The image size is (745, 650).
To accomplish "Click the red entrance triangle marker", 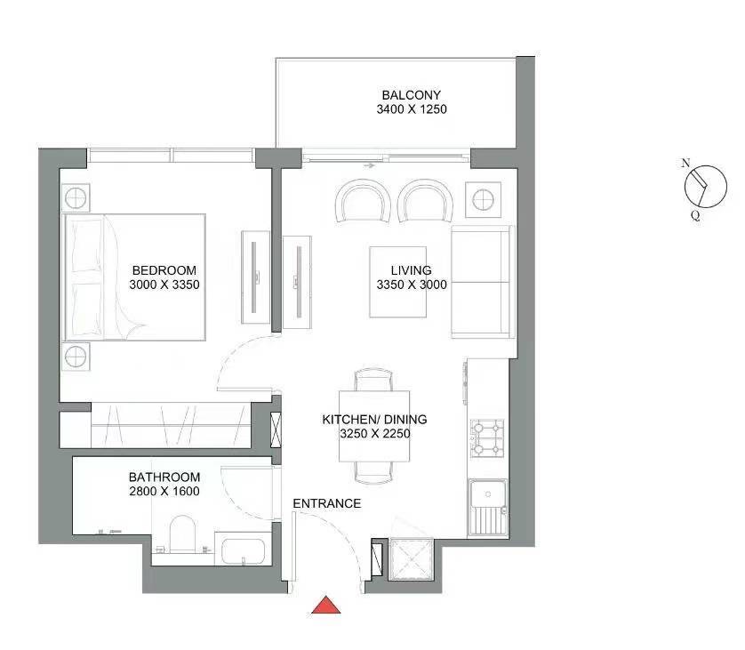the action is click(326, 605).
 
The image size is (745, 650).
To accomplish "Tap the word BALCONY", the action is click(411, 95).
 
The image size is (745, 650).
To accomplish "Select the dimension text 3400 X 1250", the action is click(412, 109).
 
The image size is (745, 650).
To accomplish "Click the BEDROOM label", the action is click(164, 270).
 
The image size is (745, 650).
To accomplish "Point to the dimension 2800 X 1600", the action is click(164, 492).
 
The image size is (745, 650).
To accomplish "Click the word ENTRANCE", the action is click(327, 503).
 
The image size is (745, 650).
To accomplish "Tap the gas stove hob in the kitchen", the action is click(487, 438).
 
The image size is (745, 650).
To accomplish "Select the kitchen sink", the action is click(488, 508).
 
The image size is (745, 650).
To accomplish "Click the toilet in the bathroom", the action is click(182, 534).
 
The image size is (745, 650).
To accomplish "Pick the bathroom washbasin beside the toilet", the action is click(243, 549).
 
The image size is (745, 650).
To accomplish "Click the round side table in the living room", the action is click(483, 199).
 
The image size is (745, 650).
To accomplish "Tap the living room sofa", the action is click(482, 282).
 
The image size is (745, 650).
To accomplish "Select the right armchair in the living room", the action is click(425, 200).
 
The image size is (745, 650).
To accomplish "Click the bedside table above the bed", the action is click(76, 197).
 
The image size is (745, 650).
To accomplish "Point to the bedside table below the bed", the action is click(76, 357).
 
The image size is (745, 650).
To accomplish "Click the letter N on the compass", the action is click(685, 163).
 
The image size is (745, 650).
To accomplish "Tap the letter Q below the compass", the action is click(695, 216).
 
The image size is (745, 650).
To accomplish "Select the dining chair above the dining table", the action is click(374, 379).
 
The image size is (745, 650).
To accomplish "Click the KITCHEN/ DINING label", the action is click(374, 420).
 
